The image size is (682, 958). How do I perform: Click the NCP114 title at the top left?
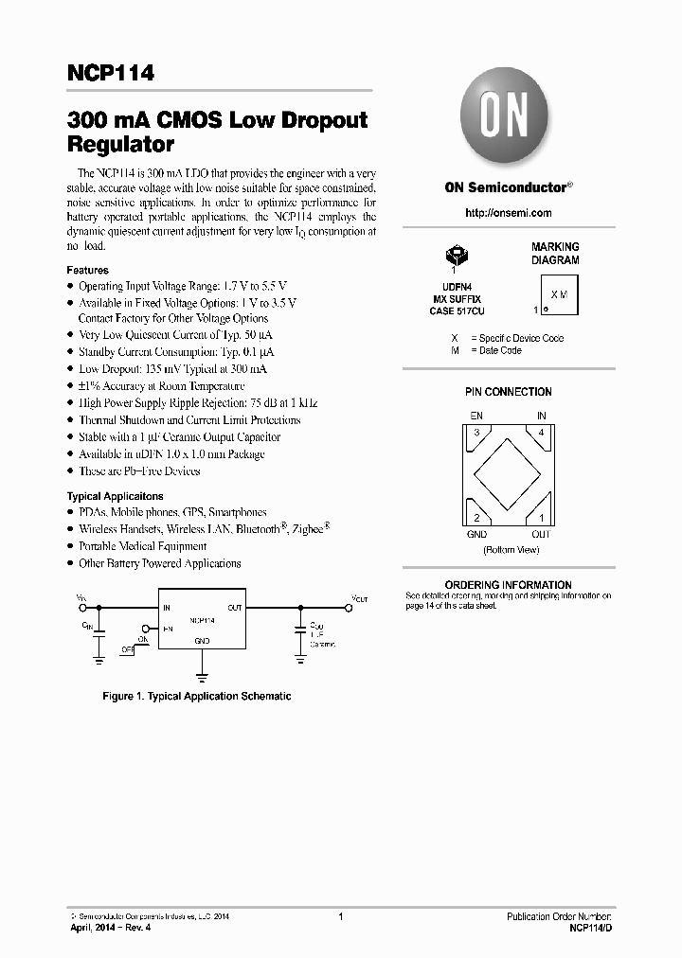111,74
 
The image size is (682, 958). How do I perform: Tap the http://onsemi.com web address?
509,213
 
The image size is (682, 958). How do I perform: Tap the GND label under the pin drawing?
476,534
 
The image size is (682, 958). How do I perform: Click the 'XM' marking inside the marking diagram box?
559,294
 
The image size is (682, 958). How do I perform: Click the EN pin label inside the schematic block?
168,628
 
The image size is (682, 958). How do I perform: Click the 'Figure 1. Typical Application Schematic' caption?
196,697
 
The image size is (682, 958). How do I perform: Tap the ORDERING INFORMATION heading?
508,585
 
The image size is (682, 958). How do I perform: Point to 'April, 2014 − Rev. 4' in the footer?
111,927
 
